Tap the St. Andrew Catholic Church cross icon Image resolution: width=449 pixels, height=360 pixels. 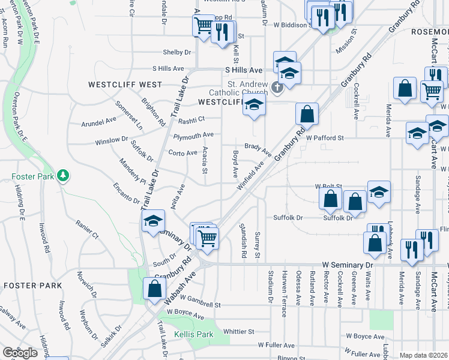(x=277, y=88)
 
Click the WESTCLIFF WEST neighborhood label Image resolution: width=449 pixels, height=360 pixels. (x=125, y=85)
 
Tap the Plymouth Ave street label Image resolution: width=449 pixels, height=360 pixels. (x=193, y=136)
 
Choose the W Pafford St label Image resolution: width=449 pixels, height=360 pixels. (x=324, y=137)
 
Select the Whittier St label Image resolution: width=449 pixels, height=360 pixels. (x=238, y=331)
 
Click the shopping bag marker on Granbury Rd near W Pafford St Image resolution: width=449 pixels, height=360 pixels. (x=307, y=113)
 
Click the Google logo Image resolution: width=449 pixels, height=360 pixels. (x=20, y=353)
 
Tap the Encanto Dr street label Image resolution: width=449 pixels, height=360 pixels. (x=126, y=196)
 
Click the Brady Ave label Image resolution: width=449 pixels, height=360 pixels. (x=258, y=147)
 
